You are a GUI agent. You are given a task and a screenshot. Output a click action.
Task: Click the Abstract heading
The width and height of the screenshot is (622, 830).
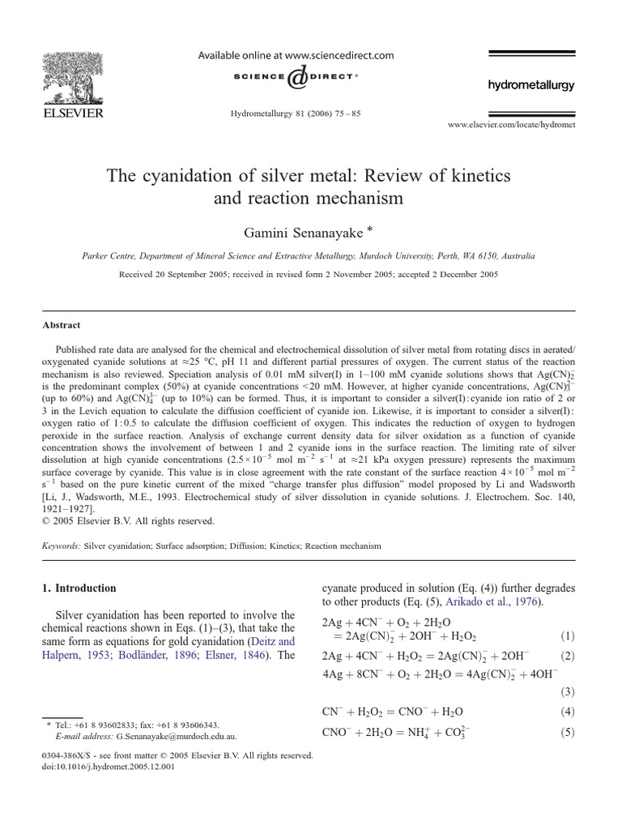pyautogui.click(x=62, y=325)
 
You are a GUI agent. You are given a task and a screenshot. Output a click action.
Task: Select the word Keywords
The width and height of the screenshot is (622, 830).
pyautogui.click(x=62, y=546)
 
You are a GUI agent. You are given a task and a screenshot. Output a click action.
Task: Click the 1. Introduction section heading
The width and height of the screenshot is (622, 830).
pyautogui.click(x=79, y=588)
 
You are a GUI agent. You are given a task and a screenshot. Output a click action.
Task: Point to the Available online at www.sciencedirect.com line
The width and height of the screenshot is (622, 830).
pyautogui.click(x=296, y=56)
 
